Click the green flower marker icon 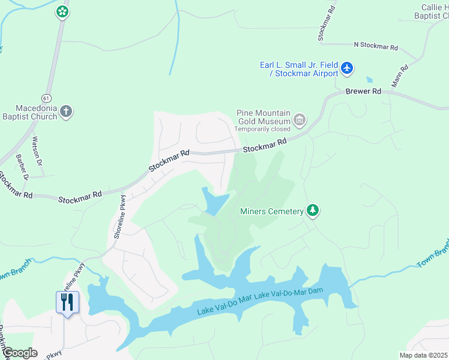[x=62, y=11]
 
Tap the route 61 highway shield [x=46, y=97]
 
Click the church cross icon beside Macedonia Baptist [x=66, y=111]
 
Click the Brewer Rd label [x=363, y=91]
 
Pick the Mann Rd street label [x=400, y=76]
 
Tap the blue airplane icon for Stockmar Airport [x=347, y=68]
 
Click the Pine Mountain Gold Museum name [x=264, y=117]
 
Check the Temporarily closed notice [x=262, y=129]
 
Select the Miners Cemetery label [x=271, y=211]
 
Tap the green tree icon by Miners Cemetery [x=312, y=210]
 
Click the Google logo [x=19, y=353]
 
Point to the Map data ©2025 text [x=423, y=355]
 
